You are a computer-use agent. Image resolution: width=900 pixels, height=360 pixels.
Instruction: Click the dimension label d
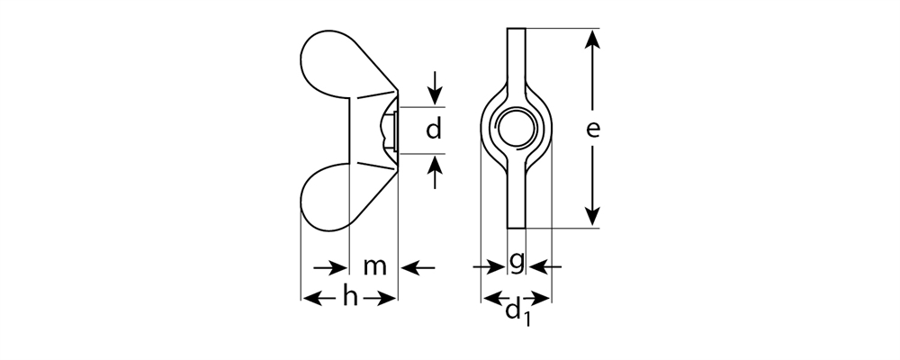[434, 130]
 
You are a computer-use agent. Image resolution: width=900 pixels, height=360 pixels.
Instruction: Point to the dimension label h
[350, 298]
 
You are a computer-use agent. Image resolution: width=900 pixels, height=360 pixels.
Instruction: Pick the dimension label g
[517, 262]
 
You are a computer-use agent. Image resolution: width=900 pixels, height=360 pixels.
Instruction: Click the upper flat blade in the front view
[516, 58]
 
